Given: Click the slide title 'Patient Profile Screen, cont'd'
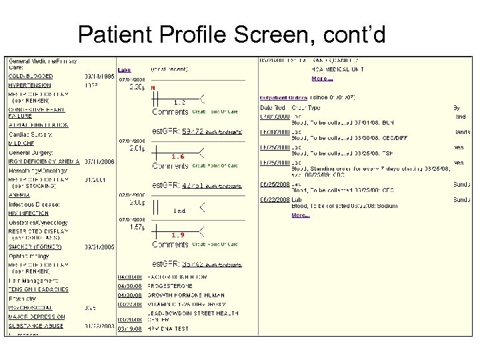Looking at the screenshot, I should click(231, 34).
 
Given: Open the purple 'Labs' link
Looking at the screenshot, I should click(125, 69).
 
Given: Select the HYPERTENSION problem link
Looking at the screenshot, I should click(29, 85).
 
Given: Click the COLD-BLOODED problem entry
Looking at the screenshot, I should click(29, 77).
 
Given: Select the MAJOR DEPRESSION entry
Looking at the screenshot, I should click(37, 317).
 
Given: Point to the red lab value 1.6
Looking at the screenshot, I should click(178, 157).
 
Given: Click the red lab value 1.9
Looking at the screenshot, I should click(178, 235).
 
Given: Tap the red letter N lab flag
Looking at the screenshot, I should click(153, 88).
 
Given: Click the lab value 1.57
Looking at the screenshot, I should click(137, 227).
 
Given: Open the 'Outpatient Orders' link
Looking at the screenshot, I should click(283, 98).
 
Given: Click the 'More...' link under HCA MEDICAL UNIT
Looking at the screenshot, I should click(322, 79).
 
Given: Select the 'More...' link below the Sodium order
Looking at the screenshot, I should click(302, 215).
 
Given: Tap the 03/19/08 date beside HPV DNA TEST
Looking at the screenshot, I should click(129, 328).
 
